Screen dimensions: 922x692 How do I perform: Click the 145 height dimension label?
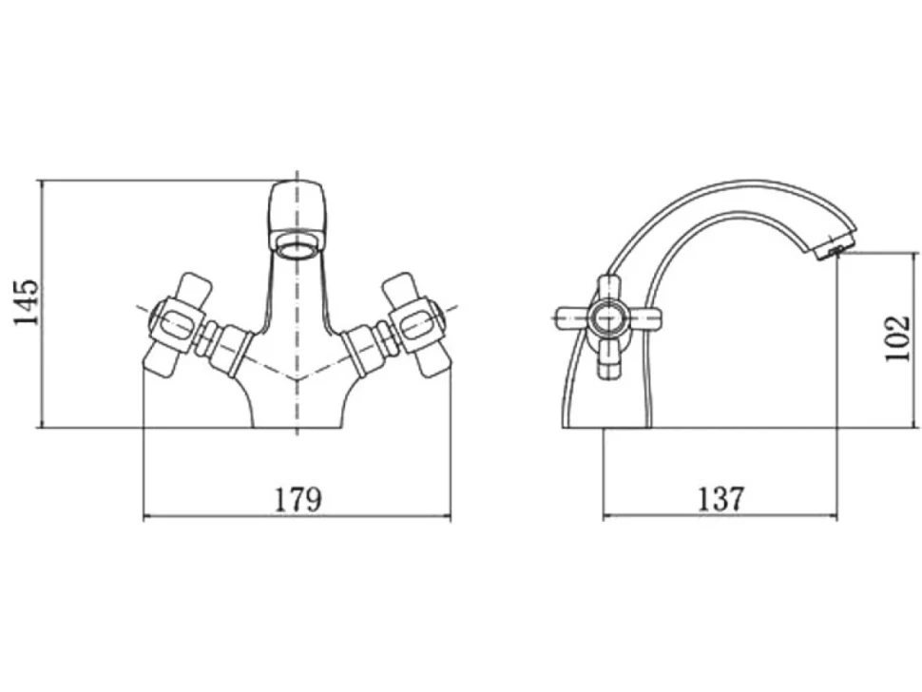[27, 302]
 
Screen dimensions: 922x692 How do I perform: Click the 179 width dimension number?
[298, 499]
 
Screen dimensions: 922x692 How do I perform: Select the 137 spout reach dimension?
[720, 499]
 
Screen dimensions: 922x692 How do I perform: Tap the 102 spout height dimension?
[898, 338]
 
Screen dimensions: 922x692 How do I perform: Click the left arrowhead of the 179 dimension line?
[147, 517]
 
